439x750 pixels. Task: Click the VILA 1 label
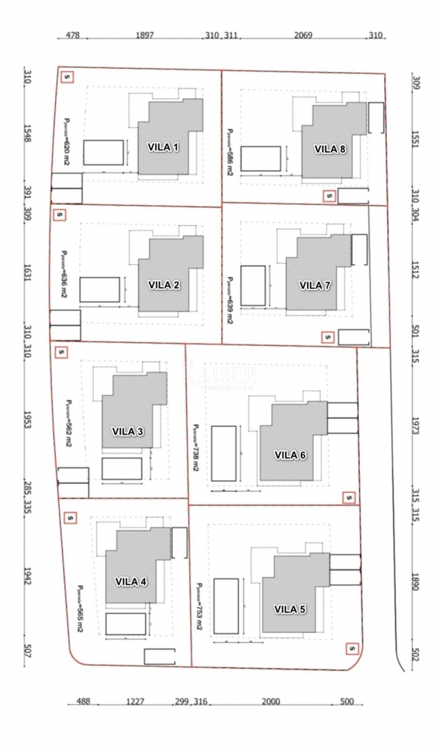pos(163,147)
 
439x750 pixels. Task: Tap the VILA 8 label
pos(330,149)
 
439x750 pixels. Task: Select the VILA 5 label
pos(290,609)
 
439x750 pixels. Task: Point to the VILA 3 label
pos(128,431)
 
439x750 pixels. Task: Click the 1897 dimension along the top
pos(144,35)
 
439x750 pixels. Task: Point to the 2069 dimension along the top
pos(303,35)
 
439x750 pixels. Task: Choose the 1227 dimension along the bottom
pos(135,701)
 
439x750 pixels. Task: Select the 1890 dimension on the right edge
pos(415,582)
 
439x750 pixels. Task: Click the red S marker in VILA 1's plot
pos(67,77)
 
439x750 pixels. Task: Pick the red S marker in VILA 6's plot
pos(348,497)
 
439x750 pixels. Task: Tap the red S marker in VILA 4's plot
pos(69,517)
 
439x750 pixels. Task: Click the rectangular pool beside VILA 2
pos(99,290)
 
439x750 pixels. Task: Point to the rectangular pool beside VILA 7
pos(253,285)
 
